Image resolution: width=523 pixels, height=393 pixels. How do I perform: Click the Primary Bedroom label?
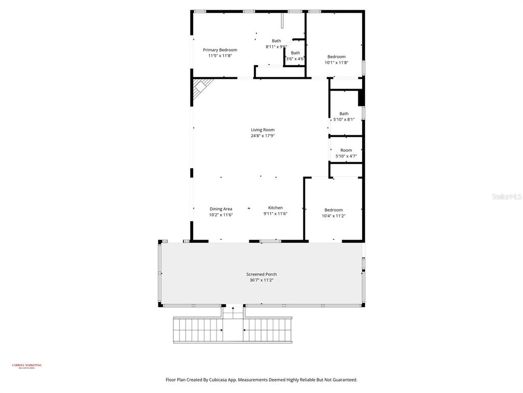[x=220, y=50]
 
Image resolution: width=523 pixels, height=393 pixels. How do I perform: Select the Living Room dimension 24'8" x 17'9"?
[x=263, y=136]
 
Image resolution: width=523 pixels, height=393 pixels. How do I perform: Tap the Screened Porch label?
[x=261, y=274]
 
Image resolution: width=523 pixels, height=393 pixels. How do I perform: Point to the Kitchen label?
[x=275, y=208]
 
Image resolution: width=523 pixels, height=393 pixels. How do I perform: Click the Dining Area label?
[x=221, y=209]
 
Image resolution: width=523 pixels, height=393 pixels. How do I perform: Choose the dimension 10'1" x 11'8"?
[x=336, y=62]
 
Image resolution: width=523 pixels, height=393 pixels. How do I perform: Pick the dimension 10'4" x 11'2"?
[x=334, y=216]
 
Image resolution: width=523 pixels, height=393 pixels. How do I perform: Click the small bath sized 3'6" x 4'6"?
[x=295, y=56]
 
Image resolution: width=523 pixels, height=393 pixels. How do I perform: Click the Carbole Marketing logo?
[x=27, y=366]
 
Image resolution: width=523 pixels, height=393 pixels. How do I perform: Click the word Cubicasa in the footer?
[x=223, y=380]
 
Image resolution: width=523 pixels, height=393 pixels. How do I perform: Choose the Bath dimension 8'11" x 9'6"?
[x=276, y=47]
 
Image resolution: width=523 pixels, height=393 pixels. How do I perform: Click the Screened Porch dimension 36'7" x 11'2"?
[x=261, y=280]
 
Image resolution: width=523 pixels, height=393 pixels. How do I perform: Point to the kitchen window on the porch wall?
[x=270, y=241]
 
